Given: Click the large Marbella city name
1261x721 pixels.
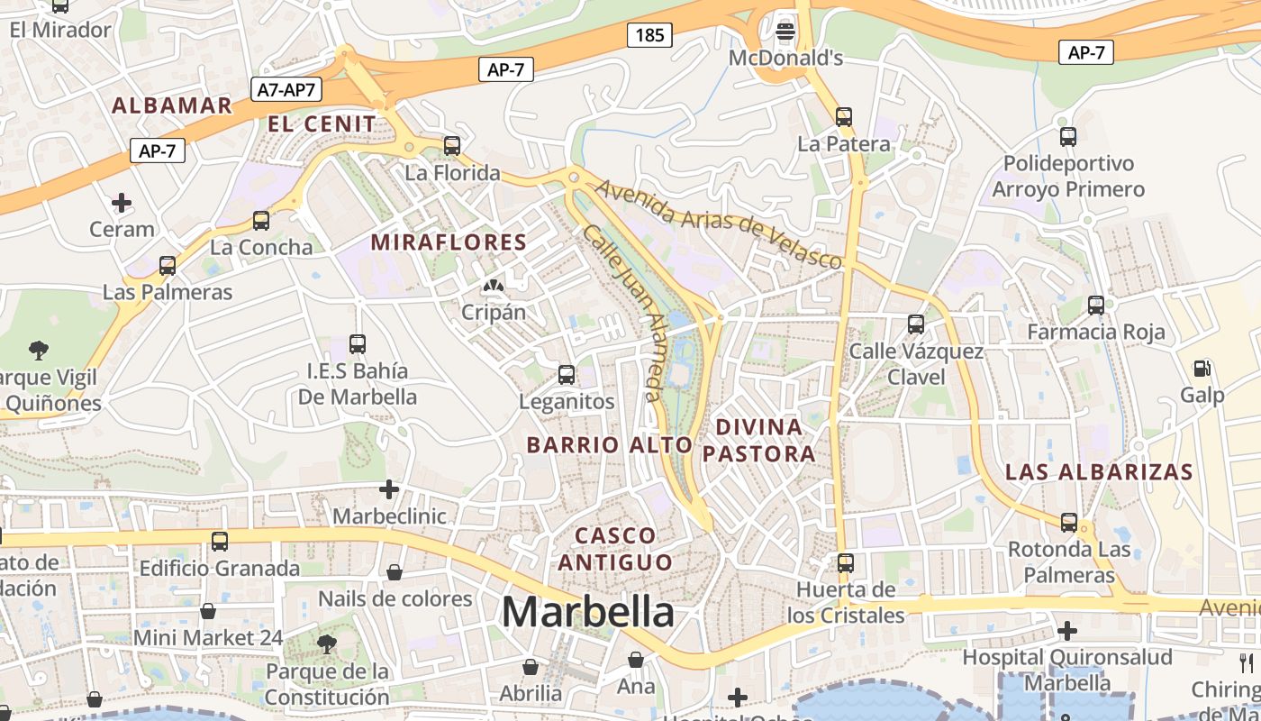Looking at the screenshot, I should pyautogui.click(x=587, y=613).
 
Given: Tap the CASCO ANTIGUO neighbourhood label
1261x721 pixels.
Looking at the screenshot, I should pyautogui.click(x=615, y=549).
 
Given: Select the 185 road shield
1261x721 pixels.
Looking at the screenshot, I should pyautogui.click(x=649, y=35).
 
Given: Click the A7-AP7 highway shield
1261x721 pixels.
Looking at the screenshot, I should pyautogui.click(x=286, y=89).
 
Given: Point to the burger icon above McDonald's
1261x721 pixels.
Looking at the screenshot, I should pyautogui.click(x=785, y=32).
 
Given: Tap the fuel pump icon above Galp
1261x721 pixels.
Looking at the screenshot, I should pyautogui.click(x=1202, y=369).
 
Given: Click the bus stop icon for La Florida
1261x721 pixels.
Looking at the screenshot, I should pyautogui.click(x=452, y=145).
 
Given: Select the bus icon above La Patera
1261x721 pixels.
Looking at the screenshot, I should pyautogui.click(x=844, y=116).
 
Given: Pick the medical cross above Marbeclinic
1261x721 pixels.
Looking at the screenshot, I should pyautogui.click(x=389, y=489).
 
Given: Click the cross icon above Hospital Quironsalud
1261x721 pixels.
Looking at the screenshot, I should pyautogui.click(x=1067, y=631).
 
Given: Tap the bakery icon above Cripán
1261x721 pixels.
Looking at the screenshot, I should pyautogui.click(x=493, y=287).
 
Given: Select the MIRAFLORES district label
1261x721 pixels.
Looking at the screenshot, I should pyautogui.click(x=449, y=242).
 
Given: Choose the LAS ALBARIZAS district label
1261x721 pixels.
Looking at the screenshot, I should pyautogui.click(x=1099, y=471).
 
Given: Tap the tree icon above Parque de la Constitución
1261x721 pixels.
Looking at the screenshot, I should pyautogui.click(x=326, y=643).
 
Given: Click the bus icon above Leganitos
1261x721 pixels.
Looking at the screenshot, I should pyautogui.click(x=567, y=374).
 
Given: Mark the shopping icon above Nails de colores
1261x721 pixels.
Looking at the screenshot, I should pyautogui.click(x=395, y=572).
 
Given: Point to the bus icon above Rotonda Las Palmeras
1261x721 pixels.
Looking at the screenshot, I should pyautogui.click(x=1069, y=522).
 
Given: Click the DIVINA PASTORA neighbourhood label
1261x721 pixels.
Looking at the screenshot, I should pyautogui.click(x=759, y=440).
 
